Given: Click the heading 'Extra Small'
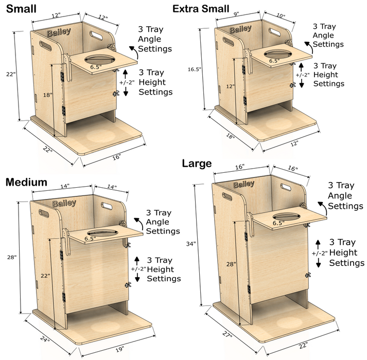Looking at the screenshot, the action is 201,9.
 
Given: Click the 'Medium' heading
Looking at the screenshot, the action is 26,182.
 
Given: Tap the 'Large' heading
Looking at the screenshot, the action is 197,164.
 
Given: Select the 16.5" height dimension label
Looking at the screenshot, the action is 194,69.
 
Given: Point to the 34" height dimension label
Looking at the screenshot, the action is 191,244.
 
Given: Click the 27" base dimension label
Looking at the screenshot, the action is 227,335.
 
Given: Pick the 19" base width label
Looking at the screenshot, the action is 119,349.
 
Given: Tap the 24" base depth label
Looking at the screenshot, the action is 45,339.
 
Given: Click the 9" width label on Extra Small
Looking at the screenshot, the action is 236,14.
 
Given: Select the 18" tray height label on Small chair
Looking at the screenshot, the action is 47,95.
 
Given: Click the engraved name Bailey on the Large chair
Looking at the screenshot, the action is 243,185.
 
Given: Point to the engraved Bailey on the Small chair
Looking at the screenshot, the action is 59,32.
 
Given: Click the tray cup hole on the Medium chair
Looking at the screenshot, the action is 103,233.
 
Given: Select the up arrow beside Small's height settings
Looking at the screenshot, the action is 126,74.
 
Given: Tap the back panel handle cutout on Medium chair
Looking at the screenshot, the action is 107,206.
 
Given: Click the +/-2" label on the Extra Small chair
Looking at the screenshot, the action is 302,75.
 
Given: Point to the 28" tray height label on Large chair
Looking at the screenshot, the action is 231,264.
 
